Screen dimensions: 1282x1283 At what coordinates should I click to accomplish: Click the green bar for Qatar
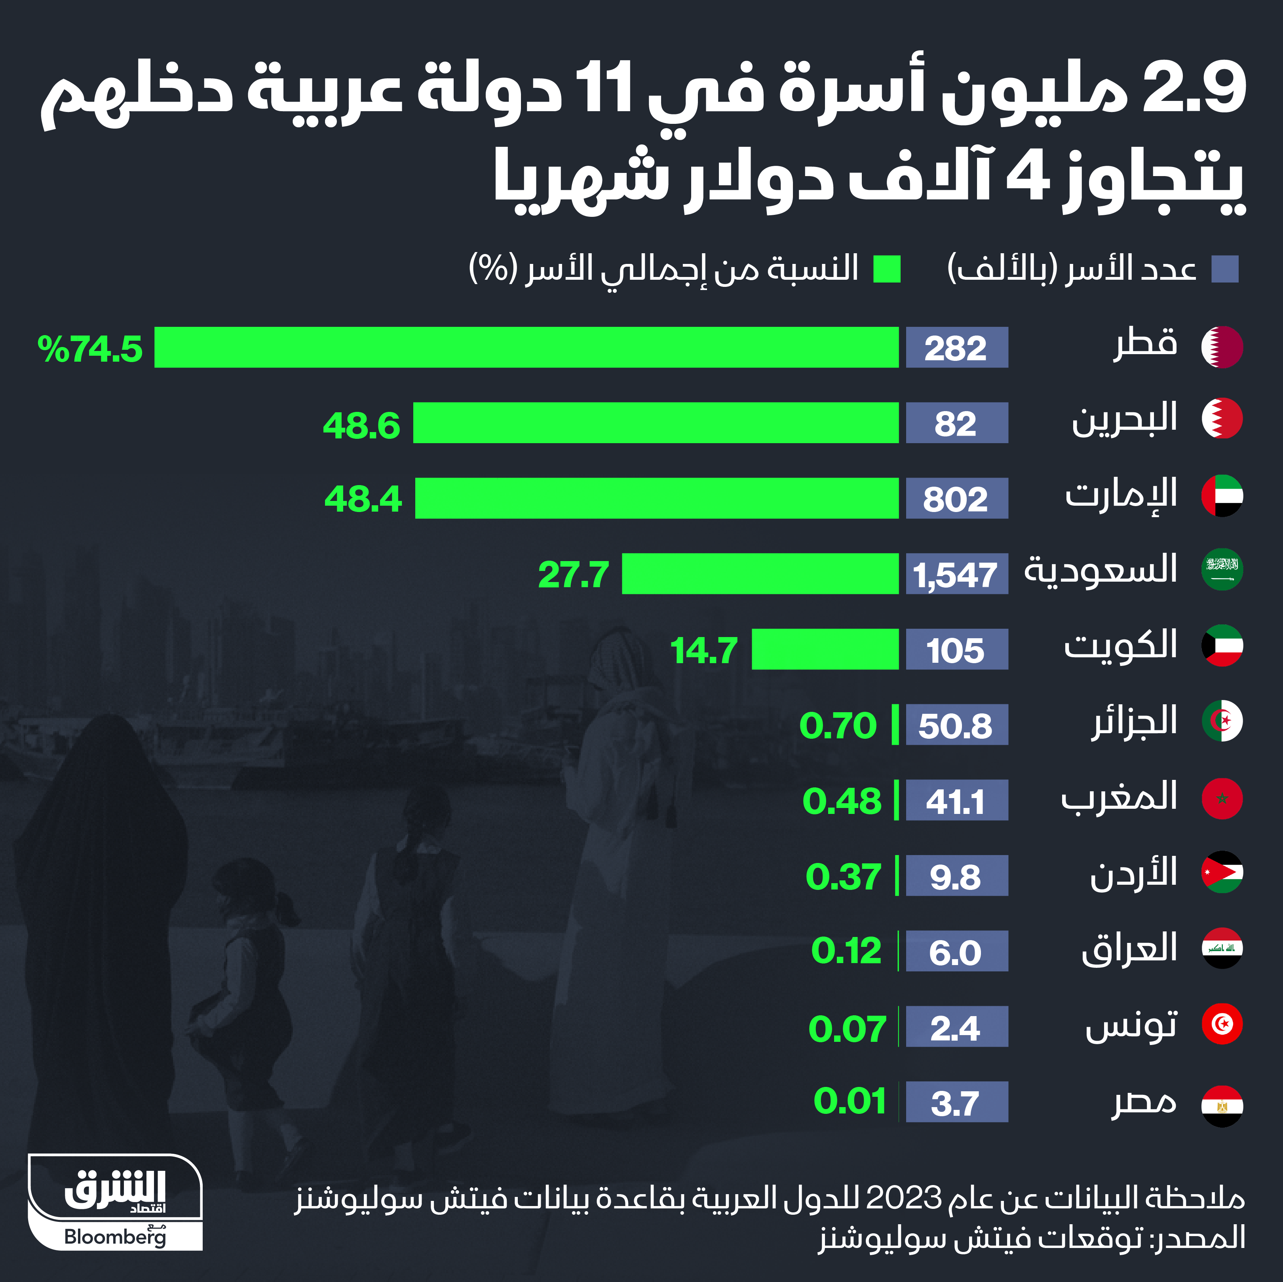(x=526, y=347)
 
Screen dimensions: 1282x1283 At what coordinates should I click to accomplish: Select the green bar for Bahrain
(x=656, y=423)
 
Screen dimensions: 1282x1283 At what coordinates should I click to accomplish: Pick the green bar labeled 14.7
(x=825, y=649)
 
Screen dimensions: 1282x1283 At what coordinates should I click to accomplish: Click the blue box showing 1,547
(x=956, y=574)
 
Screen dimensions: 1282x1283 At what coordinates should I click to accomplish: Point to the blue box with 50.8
(x=956, y=724)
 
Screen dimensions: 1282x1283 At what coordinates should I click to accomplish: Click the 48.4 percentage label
(x=363, y=499)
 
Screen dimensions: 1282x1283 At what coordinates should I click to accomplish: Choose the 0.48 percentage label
(x=842, y=801)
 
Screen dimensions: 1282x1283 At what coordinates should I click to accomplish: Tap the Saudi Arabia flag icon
(x=1222, y=570)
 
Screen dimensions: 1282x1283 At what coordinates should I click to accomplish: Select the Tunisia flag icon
(x=1222, y=1024)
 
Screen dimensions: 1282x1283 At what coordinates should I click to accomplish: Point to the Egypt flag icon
(x=1222, y=1106)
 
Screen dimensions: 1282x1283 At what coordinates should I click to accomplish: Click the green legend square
(x=887, y=269)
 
